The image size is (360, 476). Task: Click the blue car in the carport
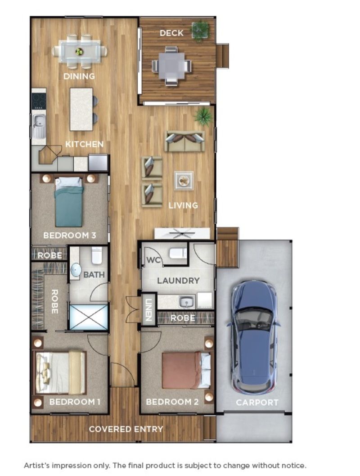coord(253,335)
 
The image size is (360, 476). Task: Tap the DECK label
coord(171,33)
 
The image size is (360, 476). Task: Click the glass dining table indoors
coord(80,51)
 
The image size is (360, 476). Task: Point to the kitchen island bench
coord(81,109)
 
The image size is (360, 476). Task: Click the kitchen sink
coord(39,121)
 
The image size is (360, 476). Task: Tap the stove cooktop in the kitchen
coord(39,101)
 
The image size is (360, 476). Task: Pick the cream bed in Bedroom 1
coord(61,372)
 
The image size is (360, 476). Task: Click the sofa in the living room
coord(184,141)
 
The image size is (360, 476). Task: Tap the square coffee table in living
coord(184,181)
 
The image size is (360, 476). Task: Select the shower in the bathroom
coord(89,317)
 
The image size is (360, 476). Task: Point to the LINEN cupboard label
coord(148,309)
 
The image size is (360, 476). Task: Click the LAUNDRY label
coord(178,281)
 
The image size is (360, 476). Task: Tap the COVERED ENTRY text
coord(126,429)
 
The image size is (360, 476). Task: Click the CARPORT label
coord(257,402)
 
